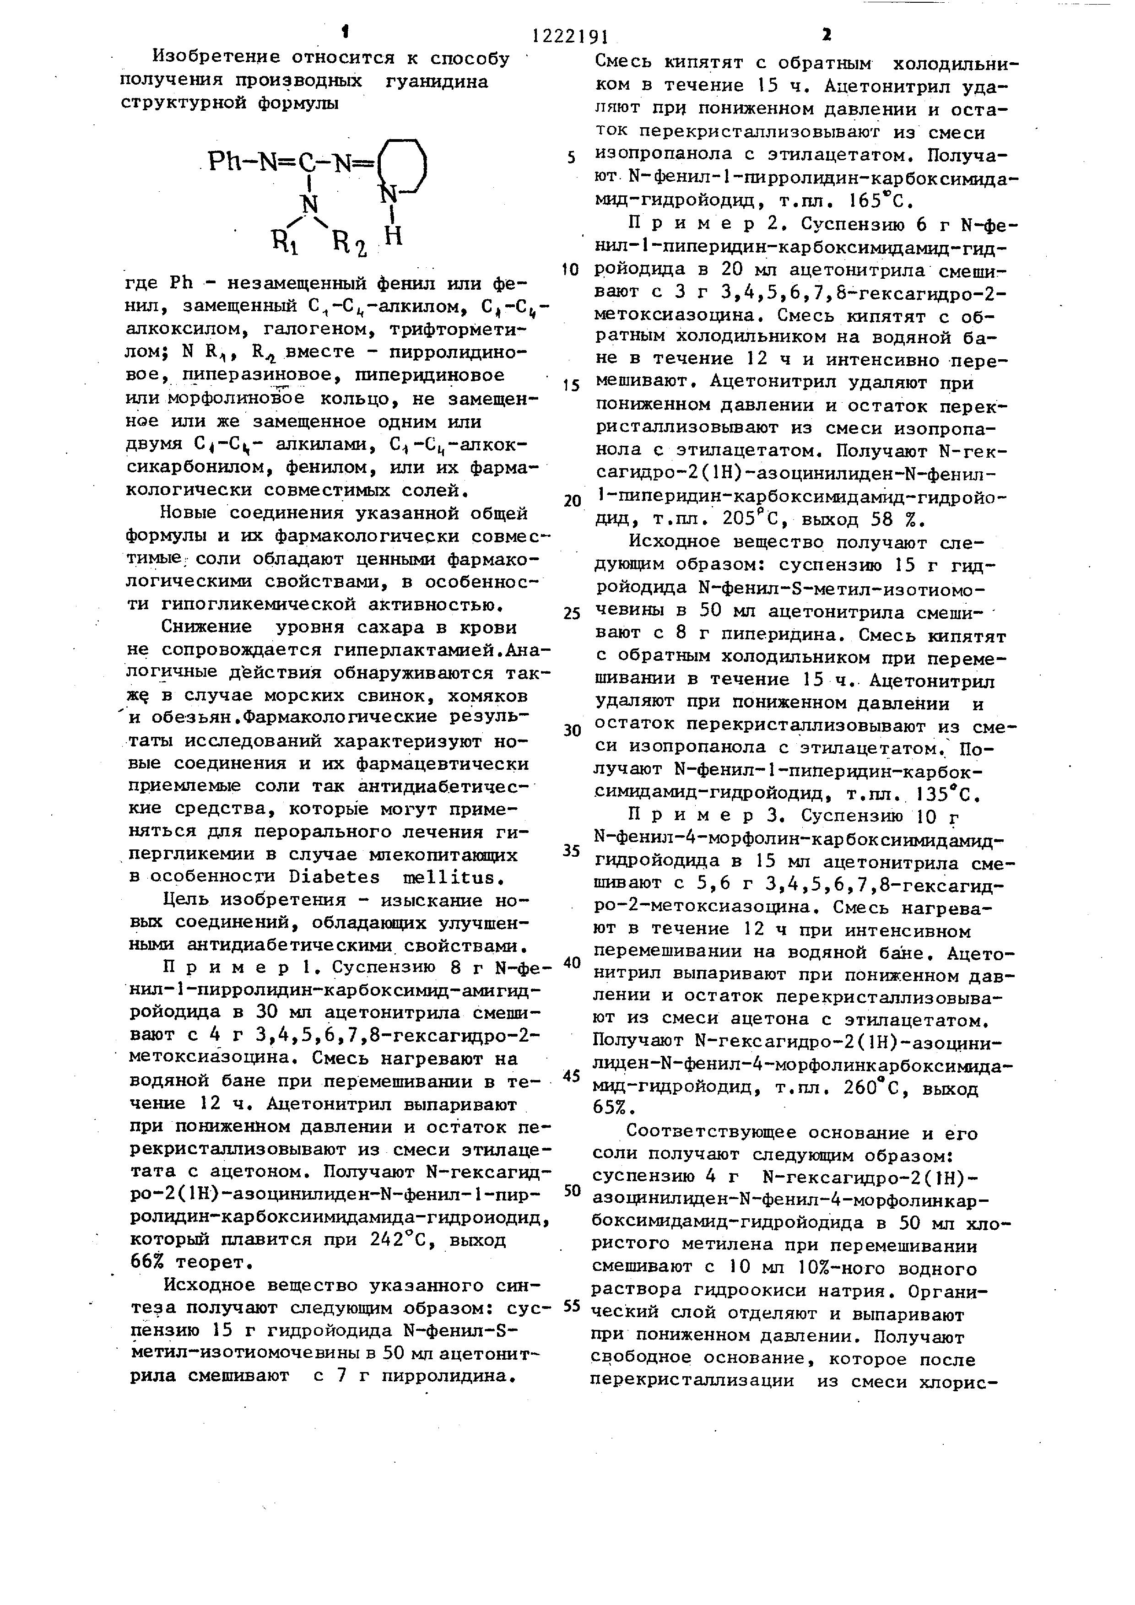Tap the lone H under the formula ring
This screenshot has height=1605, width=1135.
pos(394,236)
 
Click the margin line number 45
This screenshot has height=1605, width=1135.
pos(572,1075)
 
